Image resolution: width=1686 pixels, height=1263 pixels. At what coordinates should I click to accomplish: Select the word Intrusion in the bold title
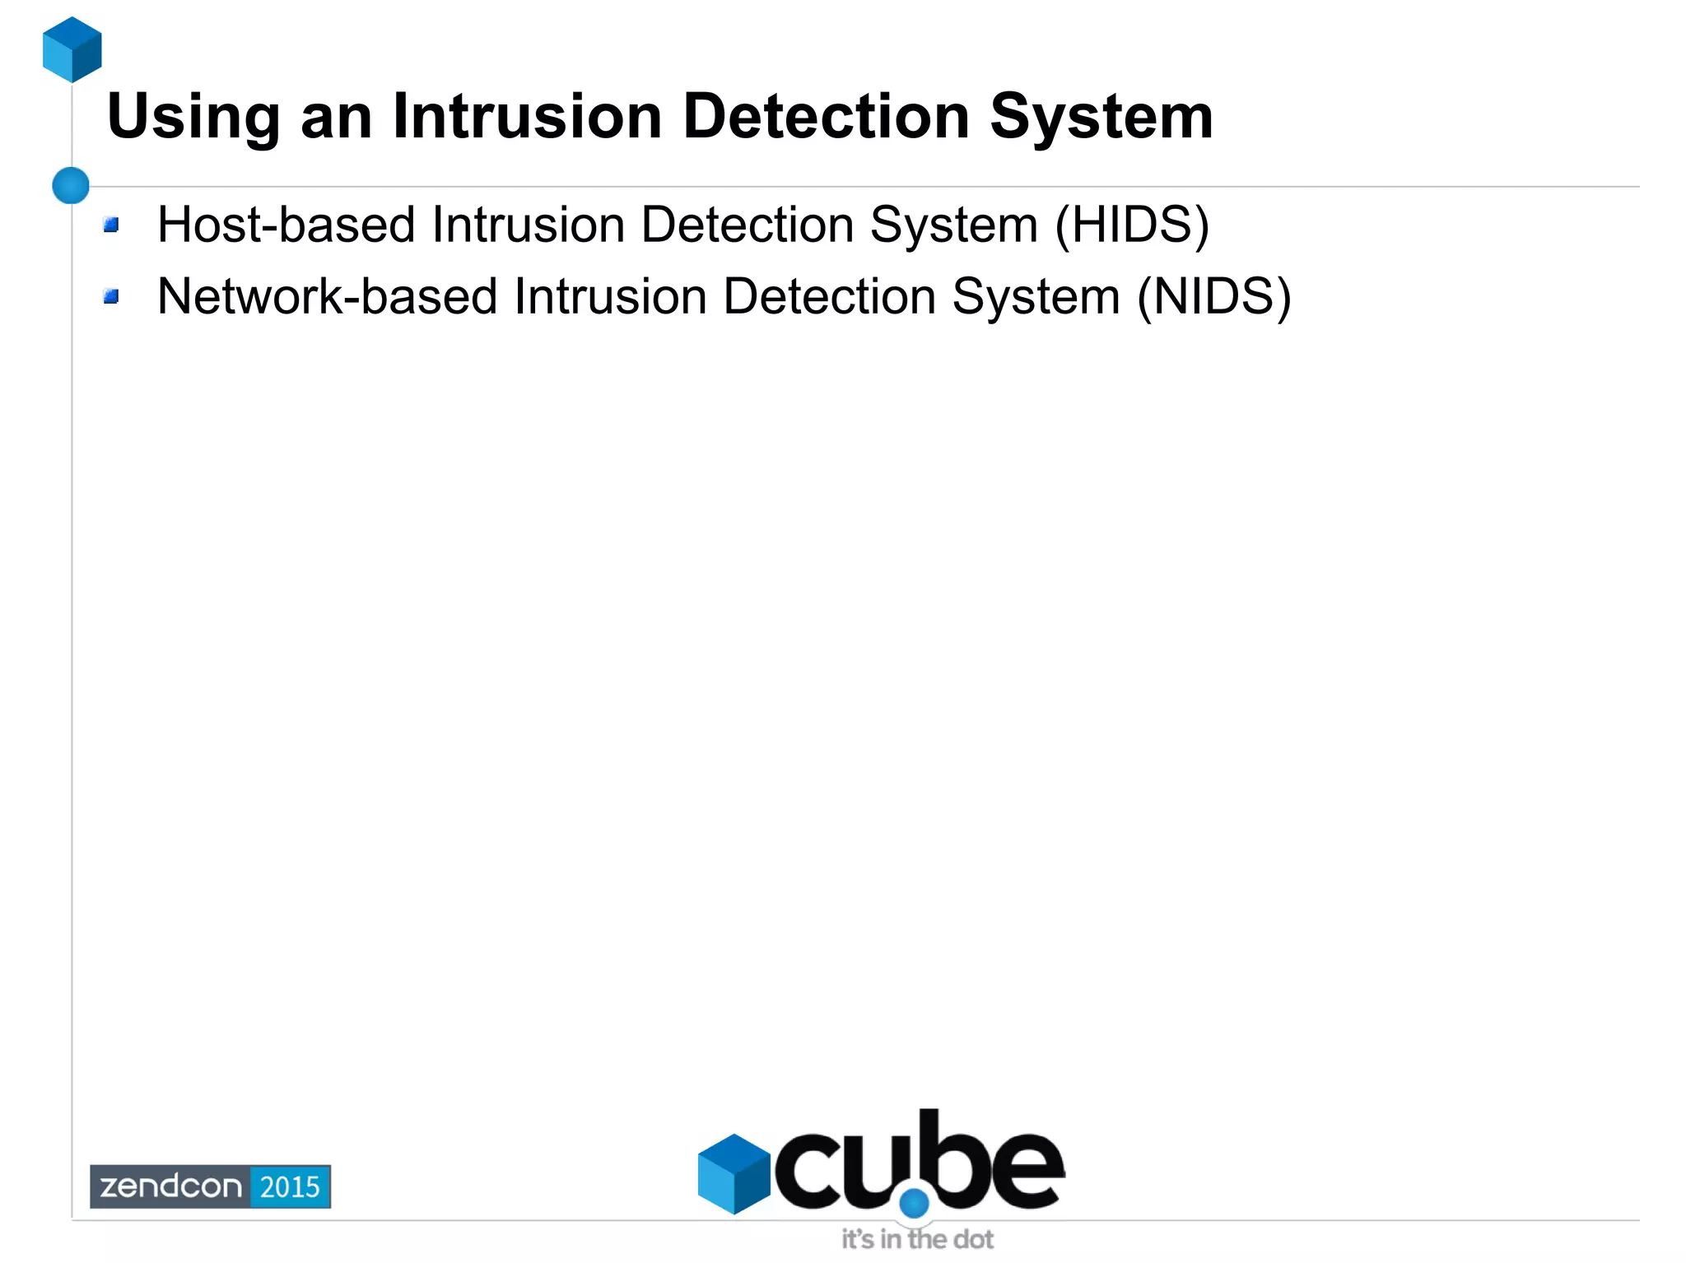pyautogui.click(x=527, y=116)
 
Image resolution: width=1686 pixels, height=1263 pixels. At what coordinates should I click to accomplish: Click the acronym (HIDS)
pyautogui.click(x=1132, y=225)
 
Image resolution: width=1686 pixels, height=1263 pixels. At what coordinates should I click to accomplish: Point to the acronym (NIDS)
pyautogui.click(x=1213, y=296)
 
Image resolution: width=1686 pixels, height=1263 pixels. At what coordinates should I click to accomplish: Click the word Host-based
pyautogui.click(x=286, y=225)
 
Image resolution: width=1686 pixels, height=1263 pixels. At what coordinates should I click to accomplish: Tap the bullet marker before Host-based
pyautogui.click(x=112, y=225)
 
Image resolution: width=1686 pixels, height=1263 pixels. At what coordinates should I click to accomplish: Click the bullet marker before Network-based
pyautogui.click(x=112, y=296)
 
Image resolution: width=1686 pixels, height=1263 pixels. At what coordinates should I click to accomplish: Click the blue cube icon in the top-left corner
pyautogui.click(x=72, y=49)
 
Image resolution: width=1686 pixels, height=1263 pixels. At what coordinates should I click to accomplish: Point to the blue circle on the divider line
pyautogui.click(x=71, y=185)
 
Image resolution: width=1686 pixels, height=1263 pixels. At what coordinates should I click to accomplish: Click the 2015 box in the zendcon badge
pyautogui.click(x=290, y=1186)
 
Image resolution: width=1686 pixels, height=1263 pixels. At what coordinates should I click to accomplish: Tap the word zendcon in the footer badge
pyautogui.click(x=171, y=1186)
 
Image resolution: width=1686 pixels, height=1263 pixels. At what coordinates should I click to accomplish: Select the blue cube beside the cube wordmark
pyautogui.click(x=733, y=1173)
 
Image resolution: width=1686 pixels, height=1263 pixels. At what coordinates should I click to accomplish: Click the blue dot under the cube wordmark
pyautogui.click(x=914, y=1204)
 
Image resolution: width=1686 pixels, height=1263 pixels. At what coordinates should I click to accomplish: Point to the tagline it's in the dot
pyautogui.click(x=917, y=1239)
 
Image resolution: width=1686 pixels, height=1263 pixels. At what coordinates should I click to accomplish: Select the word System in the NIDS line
pyautogui.click(x=1036, y=296)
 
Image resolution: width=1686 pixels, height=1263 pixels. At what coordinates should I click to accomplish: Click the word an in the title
pyautogui.click(x=337, y=118)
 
